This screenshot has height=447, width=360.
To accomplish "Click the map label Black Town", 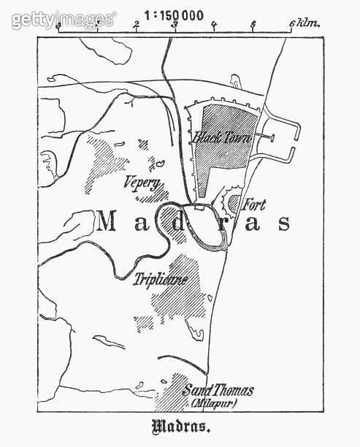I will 222,137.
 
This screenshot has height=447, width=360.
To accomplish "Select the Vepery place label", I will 142,183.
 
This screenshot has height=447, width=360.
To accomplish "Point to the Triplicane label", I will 161,278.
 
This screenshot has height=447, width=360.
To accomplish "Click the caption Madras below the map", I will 180,427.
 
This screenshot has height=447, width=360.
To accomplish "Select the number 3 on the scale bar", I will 175,25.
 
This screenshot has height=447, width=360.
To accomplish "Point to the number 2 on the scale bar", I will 137,25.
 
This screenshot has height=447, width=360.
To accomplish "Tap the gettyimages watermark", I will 63,20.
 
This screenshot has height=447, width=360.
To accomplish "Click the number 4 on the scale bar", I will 214,25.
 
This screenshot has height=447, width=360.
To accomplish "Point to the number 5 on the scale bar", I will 253,25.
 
